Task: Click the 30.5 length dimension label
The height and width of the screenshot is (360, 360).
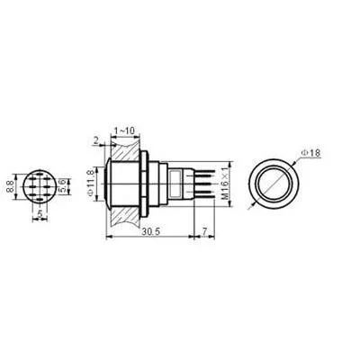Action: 152,231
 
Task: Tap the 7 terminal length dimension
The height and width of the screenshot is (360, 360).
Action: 204,231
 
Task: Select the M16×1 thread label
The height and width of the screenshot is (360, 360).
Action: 226,184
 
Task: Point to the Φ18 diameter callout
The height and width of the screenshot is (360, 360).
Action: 310,153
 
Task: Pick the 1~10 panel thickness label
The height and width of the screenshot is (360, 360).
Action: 125,130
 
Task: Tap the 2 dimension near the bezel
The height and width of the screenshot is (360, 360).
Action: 96,140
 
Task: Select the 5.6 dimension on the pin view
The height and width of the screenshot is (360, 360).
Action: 63,186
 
